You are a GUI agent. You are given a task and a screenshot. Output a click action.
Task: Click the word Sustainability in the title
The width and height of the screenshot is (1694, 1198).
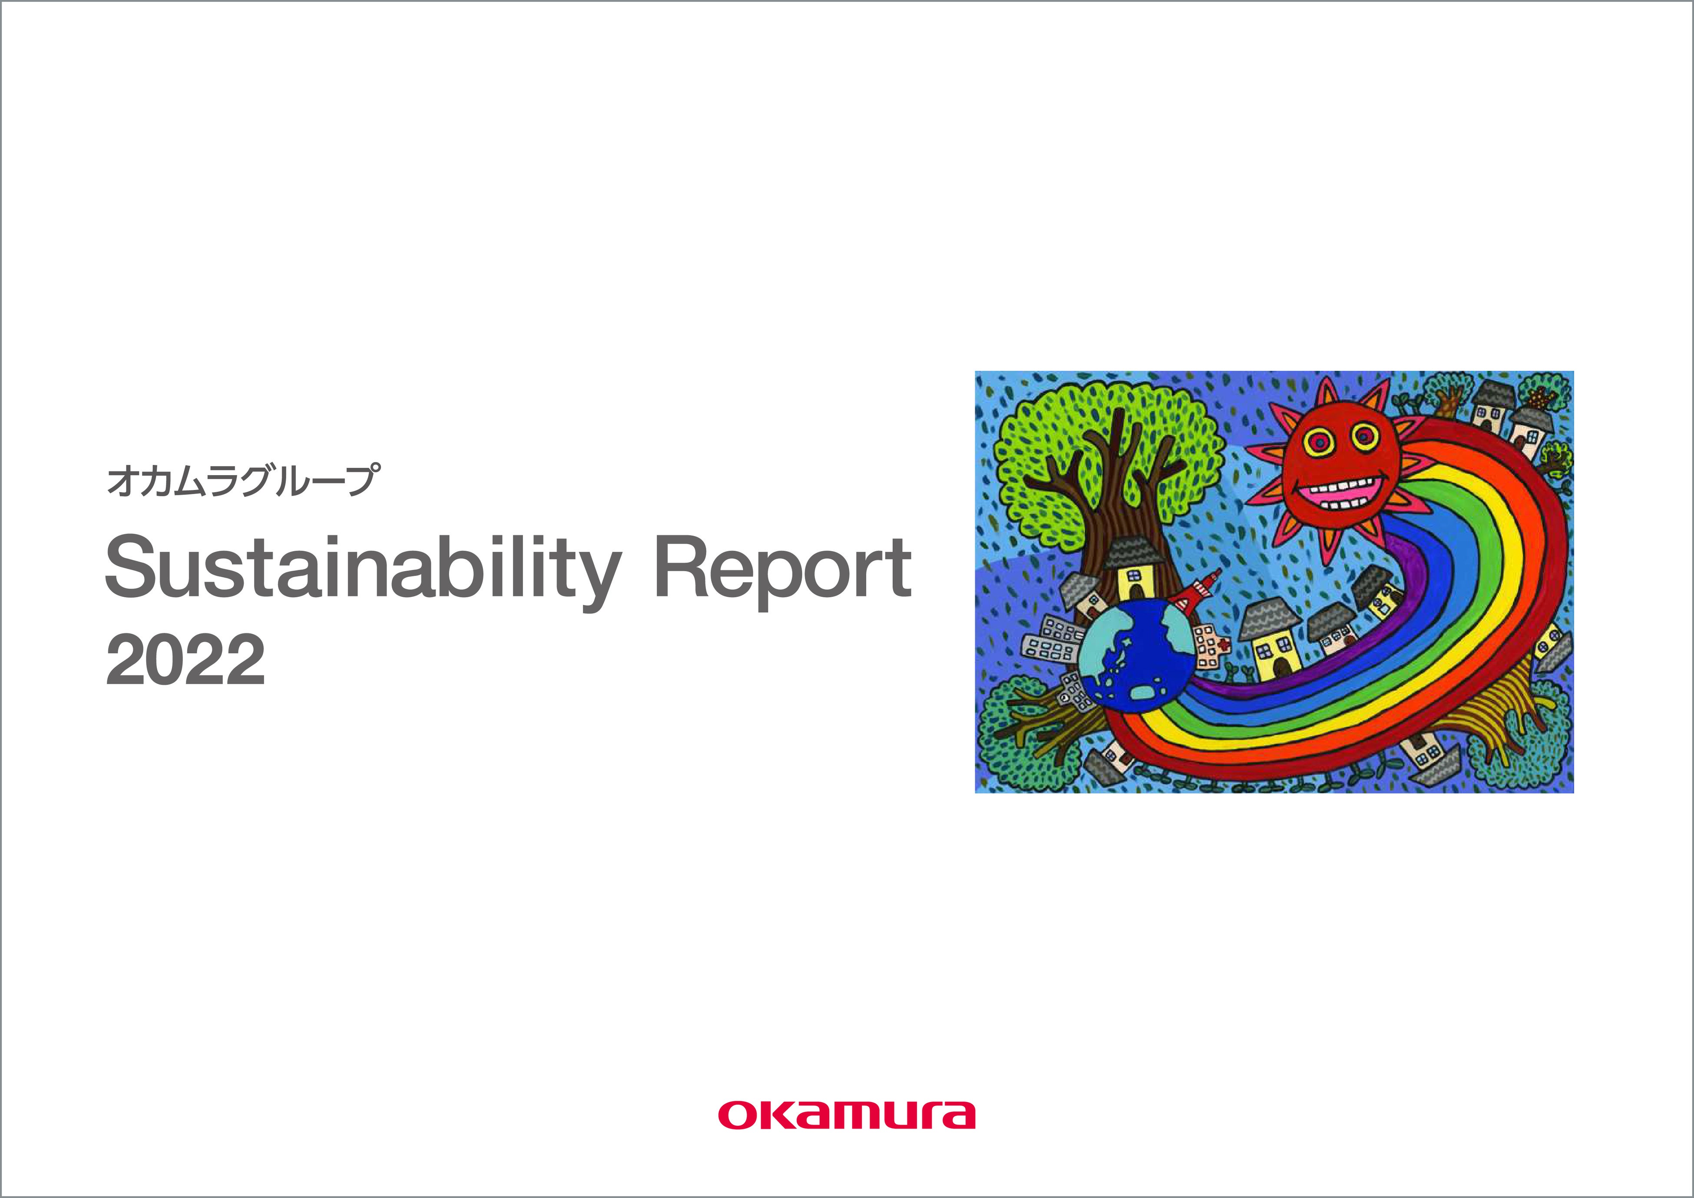point(361,569)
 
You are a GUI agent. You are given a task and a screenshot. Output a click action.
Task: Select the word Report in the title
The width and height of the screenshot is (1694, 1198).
point(782,569)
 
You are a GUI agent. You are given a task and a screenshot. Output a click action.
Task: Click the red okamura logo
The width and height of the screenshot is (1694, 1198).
point(846,1135)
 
